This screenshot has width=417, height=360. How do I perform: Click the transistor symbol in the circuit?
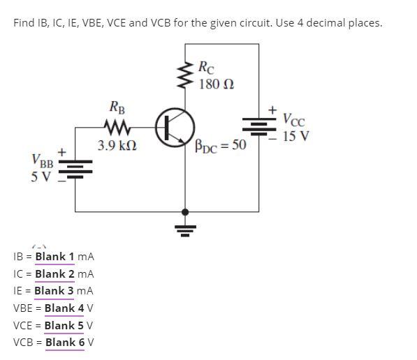pos(173,128)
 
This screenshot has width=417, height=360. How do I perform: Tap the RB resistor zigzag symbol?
pos(116,128)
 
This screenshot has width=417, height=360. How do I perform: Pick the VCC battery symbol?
pos(258,126)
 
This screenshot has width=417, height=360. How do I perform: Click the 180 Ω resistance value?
pos(217,84)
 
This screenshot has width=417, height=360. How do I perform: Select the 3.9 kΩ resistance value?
pos(117,147)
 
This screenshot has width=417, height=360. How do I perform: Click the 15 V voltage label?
pos(296,135)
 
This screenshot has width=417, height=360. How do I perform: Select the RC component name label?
pos(207,68)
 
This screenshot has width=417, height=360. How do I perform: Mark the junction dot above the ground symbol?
pos(185,211)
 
